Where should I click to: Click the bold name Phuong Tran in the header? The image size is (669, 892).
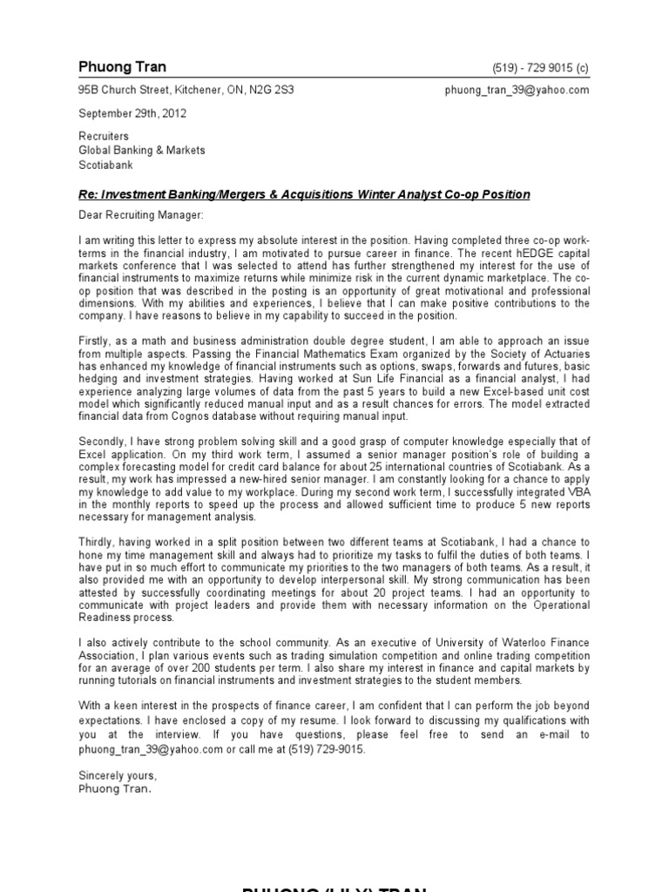pyautogui.click(x=122, y=67)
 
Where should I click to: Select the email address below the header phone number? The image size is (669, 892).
pyautogui.click(x=517, y=90)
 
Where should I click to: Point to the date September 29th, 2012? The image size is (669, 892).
pyautogui.click(x=132, y=113)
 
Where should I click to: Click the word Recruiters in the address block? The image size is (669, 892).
pyautogui.click(x=104, y=137)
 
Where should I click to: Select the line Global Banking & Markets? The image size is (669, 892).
pyautogui.click(x=142, y=150)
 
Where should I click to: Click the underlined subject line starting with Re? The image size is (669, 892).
pyautogui.click(x=304, y=193)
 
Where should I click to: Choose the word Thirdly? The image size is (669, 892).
pyautogui.click(x=99, y=542)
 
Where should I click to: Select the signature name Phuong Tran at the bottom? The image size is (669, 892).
pyautogui.click(x=114, y=788)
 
